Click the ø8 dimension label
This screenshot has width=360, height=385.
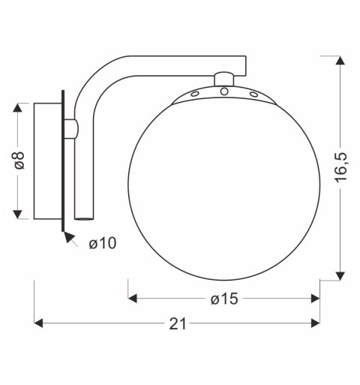(20, 161)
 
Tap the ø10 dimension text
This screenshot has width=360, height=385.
(101, 242)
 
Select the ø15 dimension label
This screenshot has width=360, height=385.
(223, 299)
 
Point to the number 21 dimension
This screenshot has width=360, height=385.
(178, 323)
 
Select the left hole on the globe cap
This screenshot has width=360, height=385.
(193, 94)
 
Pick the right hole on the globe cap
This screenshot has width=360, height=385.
(253, 95)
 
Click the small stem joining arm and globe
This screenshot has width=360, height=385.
(223, 78)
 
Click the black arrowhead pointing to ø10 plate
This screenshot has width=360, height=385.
(70, 239)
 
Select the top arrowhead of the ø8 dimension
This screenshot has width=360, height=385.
(20, 107)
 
